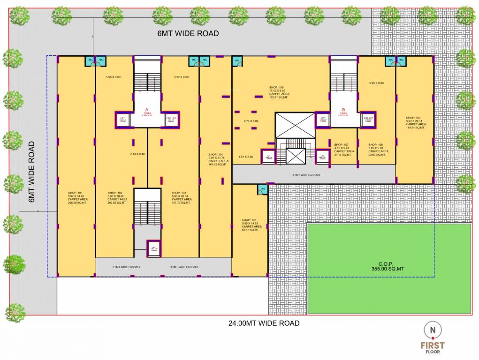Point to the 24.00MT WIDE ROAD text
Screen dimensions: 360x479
(x=264, y=323)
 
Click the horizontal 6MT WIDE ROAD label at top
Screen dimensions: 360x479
(x=188, y=33)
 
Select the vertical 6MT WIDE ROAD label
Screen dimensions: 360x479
(x=32, y=172)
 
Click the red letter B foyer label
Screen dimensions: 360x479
(x=343, y=111)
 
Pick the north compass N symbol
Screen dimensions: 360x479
(x=432, y=330)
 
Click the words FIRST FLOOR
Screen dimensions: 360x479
(x=432, y=347)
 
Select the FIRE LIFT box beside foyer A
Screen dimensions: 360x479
(x=171, y=119)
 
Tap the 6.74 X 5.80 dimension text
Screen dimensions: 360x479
(x=251, y=121)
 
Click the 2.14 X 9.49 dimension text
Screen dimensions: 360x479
(x=137, y=154)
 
